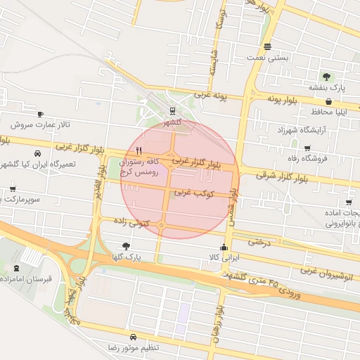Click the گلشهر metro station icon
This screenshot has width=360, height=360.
coord(172,110)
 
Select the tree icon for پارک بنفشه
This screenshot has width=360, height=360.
coord(326,76)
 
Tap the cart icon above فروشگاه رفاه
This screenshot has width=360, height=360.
coord(307,148)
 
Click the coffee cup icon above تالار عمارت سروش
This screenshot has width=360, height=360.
coord(40,114)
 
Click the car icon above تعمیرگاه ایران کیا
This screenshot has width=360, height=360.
coord(35,153)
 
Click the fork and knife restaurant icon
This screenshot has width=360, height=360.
coord(139,150)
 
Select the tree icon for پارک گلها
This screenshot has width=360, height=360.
coord(126,246)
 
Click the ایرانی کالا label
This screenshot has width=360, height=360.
coord(224,258)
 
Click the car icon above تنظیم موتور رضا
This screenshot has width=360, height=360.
coord(134,336)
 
